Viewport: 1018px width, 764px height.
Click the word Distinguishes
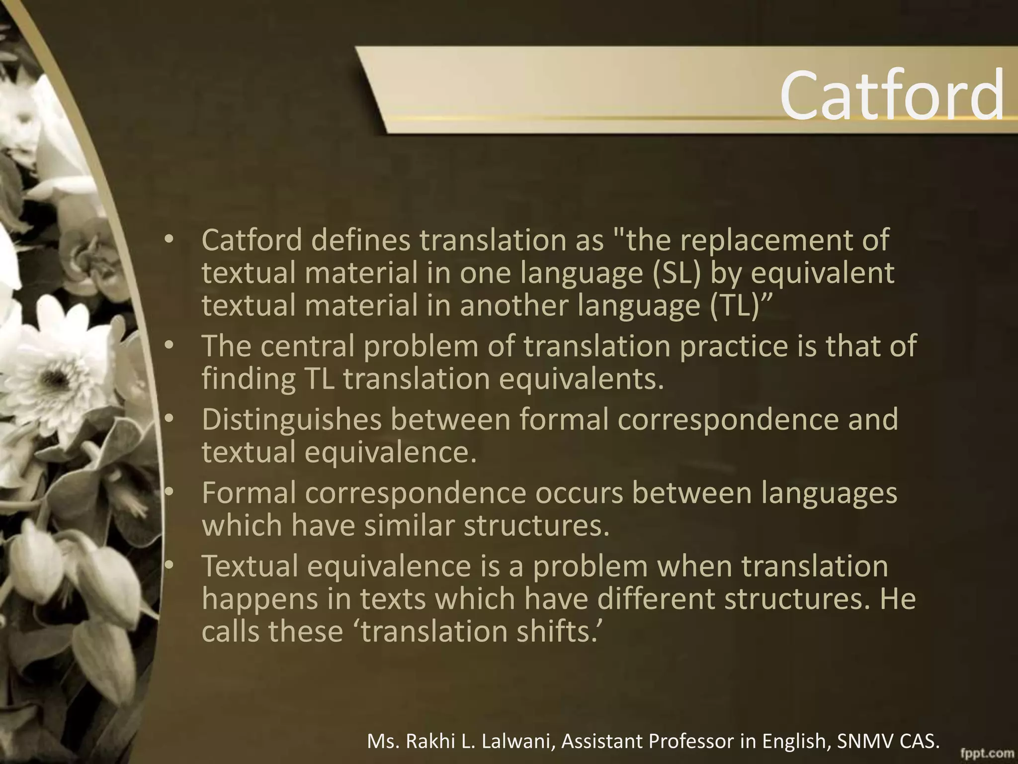point(291,419)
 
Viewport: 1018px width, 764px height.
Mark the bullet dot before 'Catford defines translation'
point(169,240)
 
